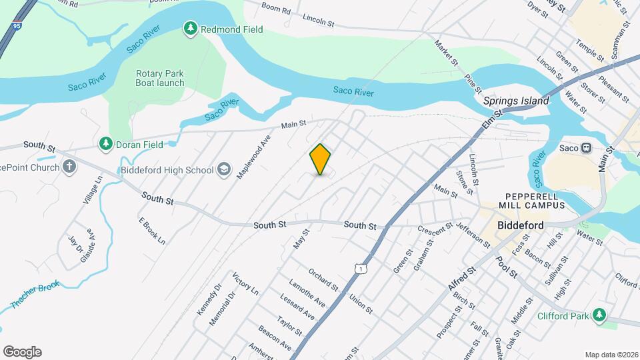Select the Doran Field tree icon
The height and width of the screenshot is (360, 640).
click(105, 143)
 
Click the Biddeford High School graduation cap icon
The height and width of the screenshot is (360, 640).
click(223, 170)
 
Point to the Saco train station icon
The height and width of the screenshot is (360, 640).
click(587, 147)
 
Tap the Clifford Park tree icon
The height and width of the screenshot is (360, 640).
click(599, 315)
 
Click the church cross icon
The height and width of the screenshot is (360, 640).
click(69, 167)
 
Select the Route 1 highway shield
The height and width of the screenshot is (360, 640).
click(361, 268)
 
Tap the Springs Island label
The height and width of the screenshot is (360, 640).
click(516, 101)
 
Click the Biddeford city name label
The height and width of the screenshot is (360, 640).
click(521, 225)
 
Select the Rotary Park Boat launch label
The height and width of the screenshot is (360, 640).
click(160, 78)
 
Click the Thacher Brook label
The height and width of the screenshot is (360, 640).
click(35, 295)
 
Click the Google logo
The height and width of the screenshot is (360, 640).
click(22, 352)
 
